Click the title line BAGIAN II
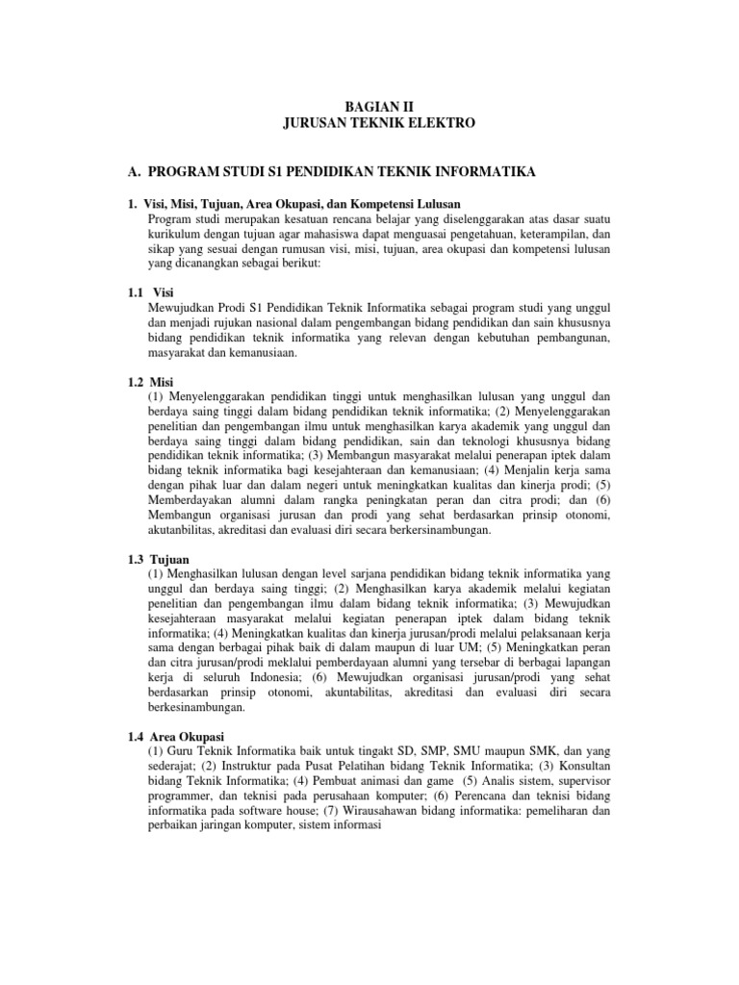pos(369,107)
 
